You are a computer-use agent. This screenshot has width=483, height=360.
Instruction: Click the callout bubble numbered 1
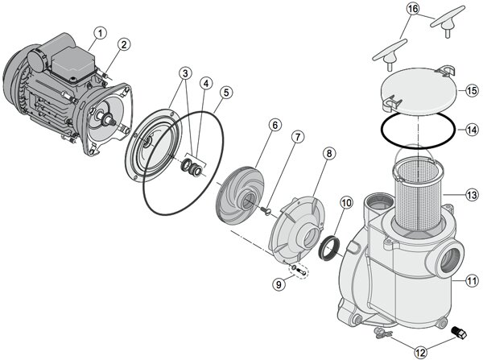coord(99,33)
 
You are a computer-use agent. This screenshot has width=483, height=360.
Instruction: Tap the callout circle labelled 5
coord(226,93)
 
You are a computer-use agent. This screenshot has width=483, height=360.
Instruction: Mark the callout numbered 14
coord(471,129)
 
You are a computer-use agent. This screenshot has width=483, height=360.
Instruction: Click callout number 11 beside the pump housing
coord(470,281)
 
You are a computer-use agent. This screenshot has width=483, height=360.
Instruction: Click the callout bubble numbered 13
coord(470,193)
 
